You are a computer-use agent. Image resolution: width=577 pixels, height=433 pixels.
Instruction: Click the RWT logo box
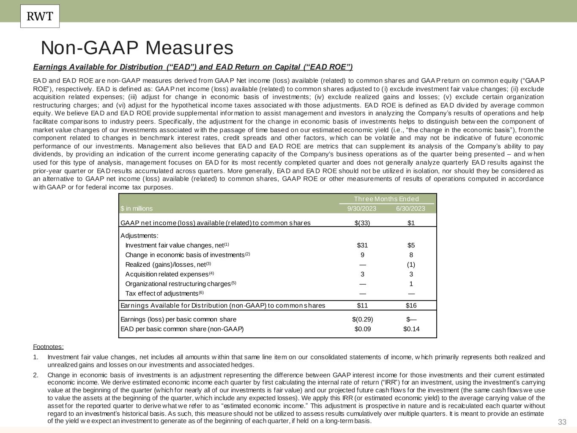40,16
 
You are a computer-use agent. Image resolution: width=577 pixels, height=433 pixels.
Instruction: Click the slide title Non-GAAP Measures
137,48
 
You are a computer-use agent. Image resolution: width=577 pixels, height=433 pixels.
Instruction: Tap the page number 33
562,422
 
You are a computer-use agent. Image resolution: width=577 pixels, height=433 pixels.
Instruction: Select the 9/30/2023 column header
362,208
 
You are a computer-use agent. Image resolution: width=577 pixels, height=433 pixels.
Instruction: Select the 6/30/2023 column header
410,208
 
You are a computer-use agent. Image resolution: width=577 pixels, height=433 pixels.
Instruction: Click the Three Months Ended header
386,199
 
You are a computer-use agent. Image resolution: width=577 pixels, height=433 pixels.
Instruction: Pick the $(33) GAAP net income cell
362,223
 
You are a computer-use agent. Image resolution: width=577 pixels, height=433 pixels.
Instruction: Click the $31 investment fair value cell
362,245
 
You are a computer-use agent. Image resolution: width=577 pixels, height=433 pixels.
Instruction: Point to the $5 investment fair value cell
411,245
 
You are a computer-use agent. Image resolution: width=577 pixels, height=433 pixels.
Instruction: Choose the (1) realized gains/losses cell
411,265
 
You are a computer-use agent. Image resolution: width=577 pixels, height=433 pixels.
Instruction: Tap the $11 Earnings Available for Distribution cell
362,305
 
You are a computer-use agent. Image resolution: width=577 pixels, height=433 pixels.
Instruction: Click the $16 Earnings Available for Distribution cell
411,305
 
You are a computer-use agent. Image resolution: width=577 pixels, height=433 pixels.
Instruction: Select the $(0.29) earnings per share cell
362,319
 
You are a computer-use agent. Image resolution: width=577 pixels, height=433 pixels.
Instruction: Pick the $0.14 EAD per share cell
411,329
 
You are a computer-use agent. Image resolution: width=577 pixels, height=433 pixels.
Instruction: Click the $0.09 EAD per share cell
363,329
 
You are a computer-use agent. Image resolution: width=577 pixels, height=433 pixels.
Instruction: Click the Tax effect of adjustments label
162,293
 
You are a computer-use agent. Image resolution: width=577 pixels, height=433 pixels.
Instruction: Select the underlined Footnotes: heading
48,347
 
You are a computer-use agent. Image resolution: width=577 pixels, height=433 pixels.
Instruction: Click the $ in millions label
137,208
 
